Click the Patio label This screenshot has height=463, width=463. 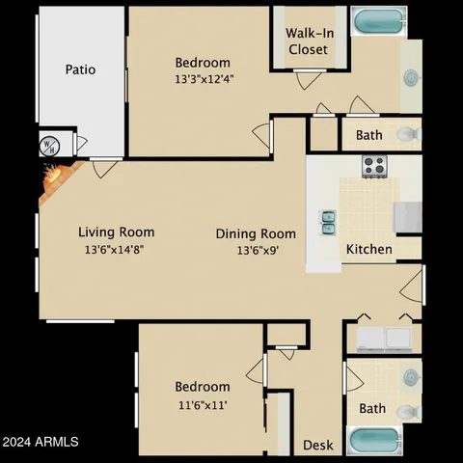pos(80,69)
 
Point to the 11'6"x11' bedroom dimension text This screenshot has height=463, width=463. pos(203,404)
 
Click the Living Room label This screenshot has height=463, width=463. pos(116,231)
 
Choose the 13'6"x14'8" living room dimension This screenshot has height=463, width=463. pos(116,249)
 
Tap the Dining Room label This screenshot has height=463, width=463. pos(256,233)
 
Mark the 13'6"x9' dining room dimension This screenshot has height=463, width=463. pos(256,250)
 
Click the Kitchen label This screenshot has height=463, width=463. pos(369,249)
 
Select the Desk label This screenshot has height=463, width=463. pos(318,445)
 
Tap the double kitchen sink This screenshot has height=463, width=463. pos(329,223)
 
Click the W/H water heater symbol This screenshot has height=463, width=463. pos(48,146)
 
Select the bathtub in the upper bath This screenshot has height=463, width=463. pos(379,21)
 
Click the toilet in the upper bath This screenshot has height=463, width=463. pos(406,134)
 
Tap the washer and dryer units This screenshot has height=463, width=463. pos(383,338)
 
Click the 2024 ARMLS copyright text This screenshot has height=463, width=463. pos(41,443)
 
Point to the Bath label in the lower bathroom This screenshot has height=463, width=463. pos(372,409)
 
